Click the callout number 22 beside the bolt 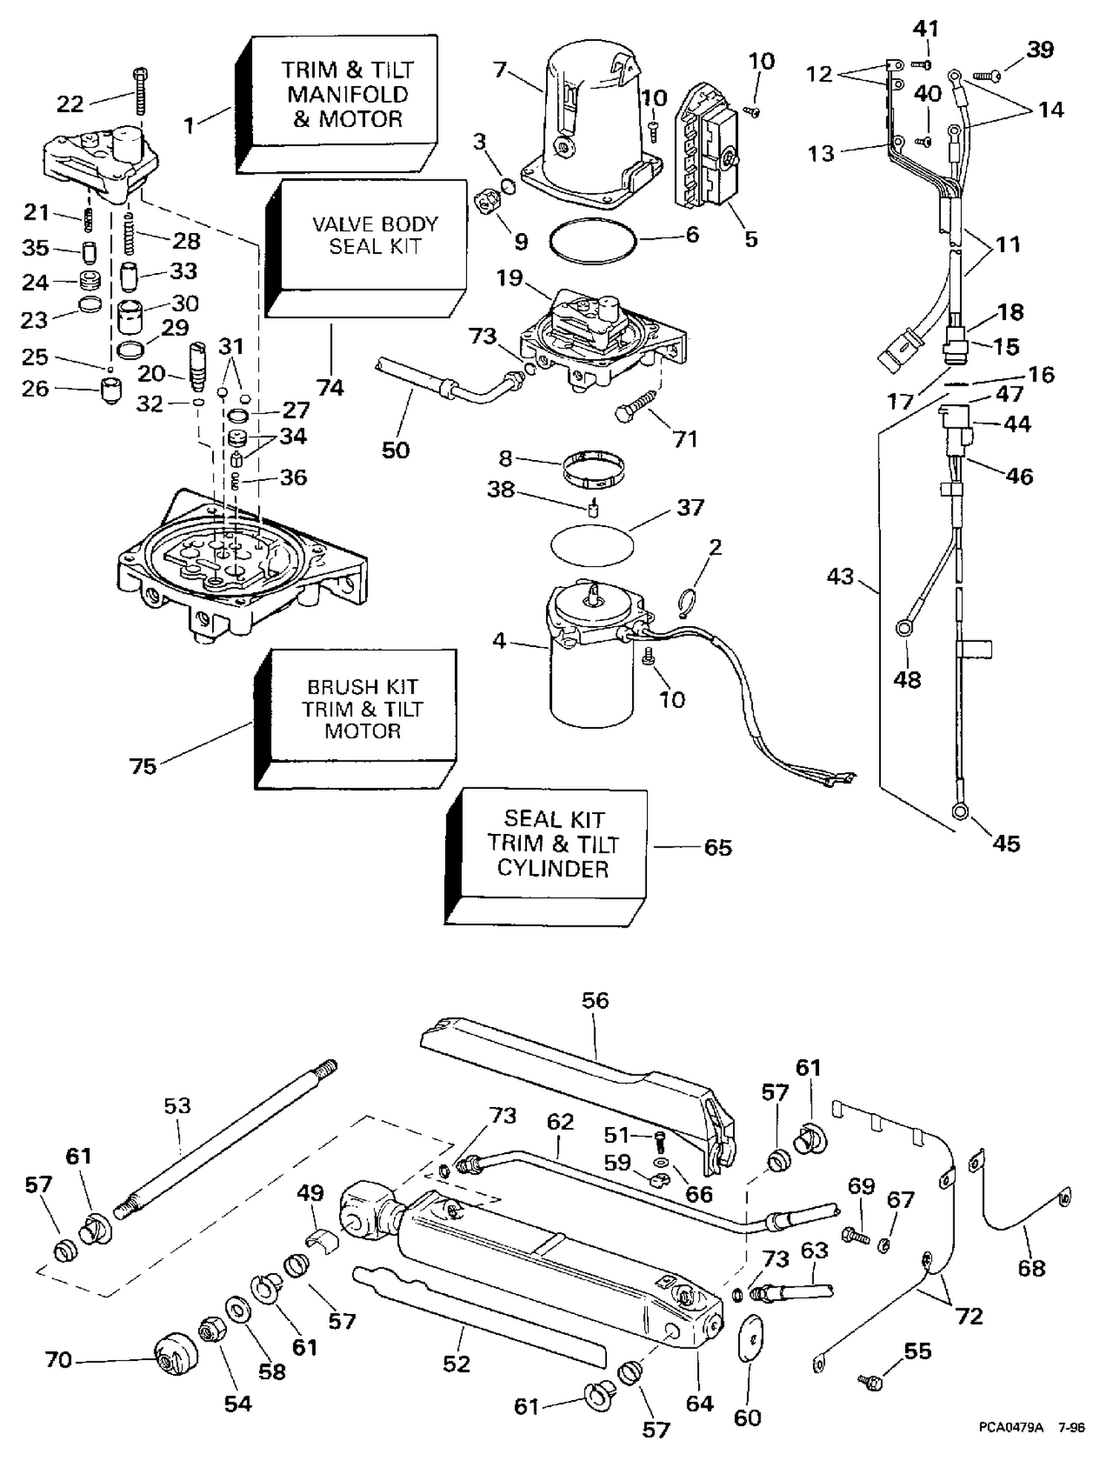click(70, 103)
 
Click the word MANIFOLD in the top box click(348, 94)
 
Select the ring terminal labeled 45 click(959, 812)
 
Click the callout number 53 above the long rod click(177, 1106)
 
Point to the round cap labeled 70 click(177, 1356)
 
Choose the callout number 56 click(595, 1000)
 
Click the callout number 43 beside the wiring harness click(840, 577)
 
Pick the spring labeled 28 click(131, 233)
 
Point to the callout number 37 click(690, 508)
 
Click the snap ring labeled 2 click(687, 601)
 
